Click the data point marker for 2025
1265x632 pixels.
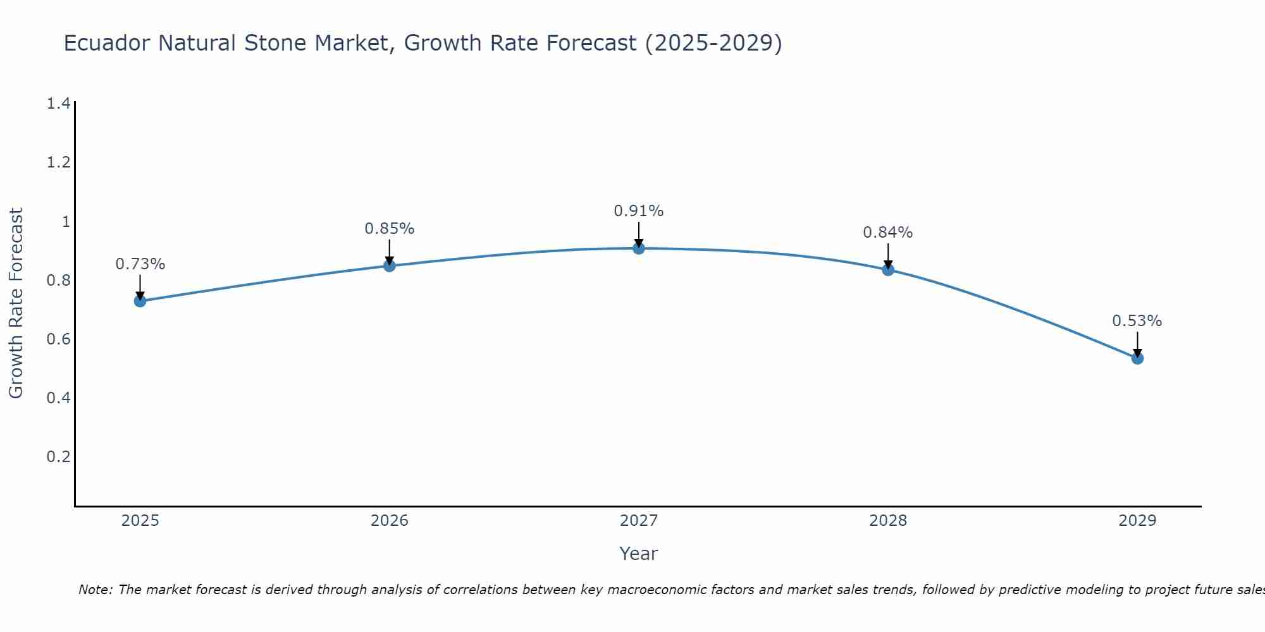pyautogui.click(x=140, y=301)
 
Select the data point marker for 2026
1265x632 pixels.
pyautogui.click(x=390, y=266)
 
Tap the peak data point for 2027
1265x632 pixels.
pyautogui.click(x=639, y=248)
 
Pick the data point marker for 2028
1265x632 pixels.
pyautogui.click(x=888, y=270)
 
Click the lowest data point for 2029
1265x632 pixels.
pyautogui.click(x=1137, y=358)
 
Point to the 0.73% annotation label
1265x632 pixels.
pyautogui.click(x=140, y=264)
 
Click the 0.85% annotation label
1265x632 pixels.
pyautogui.click(x=390, y=229)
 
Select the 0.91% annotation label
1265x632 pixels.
pyautogui.click(x=639, y=211)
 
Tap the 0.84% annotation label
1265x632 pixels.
pyautogui.click(x=888, y=233)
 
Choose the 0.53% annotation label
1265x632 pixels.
pyautogui.click(x=1137, y=321)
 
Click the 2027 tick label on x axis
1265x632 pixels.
pyautogui.click(x=639, y=521)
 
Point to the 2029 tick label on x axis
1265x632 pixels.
pyautogui.click(x=1137, y=521)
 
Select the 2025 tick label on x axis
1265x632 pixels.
pyautogui.click(x=140, y=521)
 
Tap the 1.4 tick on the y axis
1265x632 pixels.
pyautogui.click(x=58, y=104)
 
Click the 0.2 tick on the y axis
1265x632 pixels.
pyautogui.click(x=58, y=456)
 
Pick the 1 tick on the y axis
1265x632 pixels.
pyautogui.click(x=65, y=221)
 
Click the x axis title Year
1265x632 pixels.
pyautogui.click(x=639, y=554)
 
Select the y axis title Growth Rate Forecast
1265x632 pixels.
pyautogui.click(x=16, y=303)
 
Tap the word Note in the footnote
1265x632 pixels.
pyautogui.click(x=95, y=590)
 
